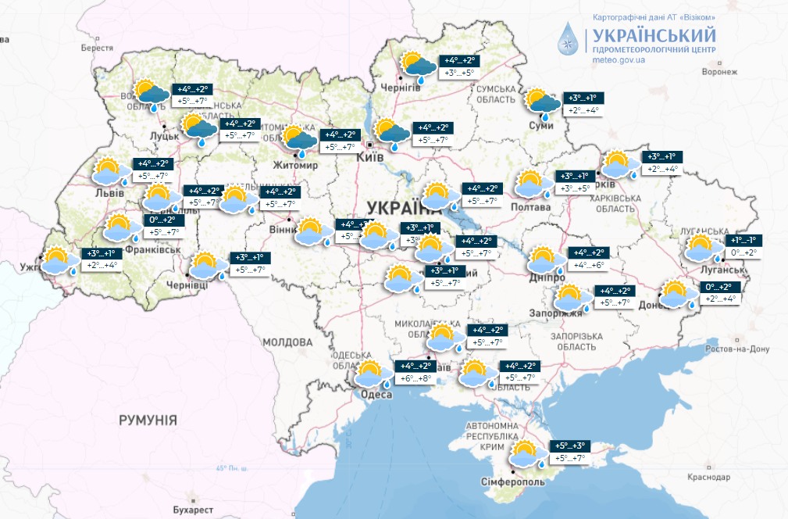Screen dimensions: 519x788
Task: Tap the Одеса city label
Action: [x=376, y=395]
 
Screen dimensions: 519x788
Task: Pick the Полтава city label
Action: [x=531, y=207]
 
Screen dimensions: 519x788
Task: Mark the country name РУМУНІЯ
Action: [x=148, y=421]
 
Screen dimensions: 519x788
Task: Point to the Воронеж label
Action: [x=719, y=71]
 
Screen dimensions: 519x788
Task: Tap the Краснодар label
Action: [x=709, y=477]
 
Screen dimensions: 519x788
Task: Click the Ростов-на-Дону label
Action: [x=737, y=349]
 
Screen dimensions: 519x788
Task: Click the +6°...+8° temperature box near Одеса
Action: [x=415, y=378]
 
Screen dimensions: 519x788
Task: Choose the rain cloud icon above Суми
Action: [x=544, y=103]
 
